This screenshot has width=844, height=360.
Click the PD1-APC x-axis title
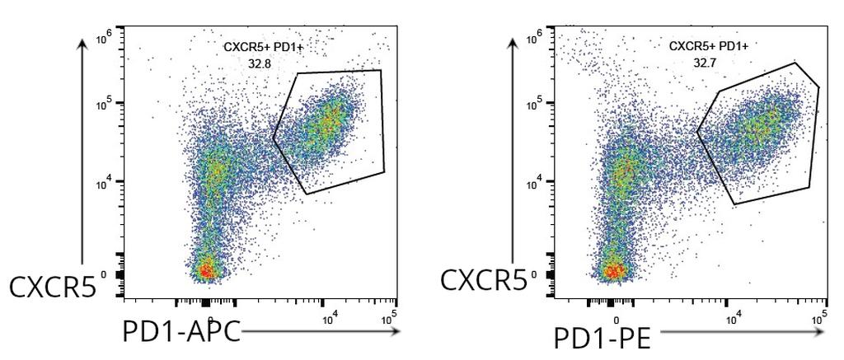point(181,332)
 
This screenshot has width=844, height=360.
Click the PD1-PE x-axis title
point(603,339)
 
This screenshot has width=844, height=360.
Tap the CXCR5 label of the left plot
point(53,287)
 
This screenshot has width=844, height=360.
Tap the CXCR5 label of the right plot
point(483,280)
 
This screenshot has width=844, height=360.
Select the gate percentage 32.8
point(260,63)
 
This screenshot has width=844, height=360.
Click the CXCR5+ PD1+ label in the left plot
point(264,48)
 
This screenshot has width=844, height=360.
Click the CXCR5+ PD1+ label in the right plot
point(709,46)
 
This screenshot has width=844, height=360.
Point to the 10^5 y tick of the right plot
point(534,105)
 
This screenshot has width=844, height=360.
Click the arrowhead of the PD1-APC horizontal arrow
point(395,331)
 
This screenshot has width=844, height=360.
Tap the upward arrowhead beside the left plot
point(82,44)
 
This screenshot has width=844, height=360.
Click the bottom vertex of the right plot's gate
point(734,204)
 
